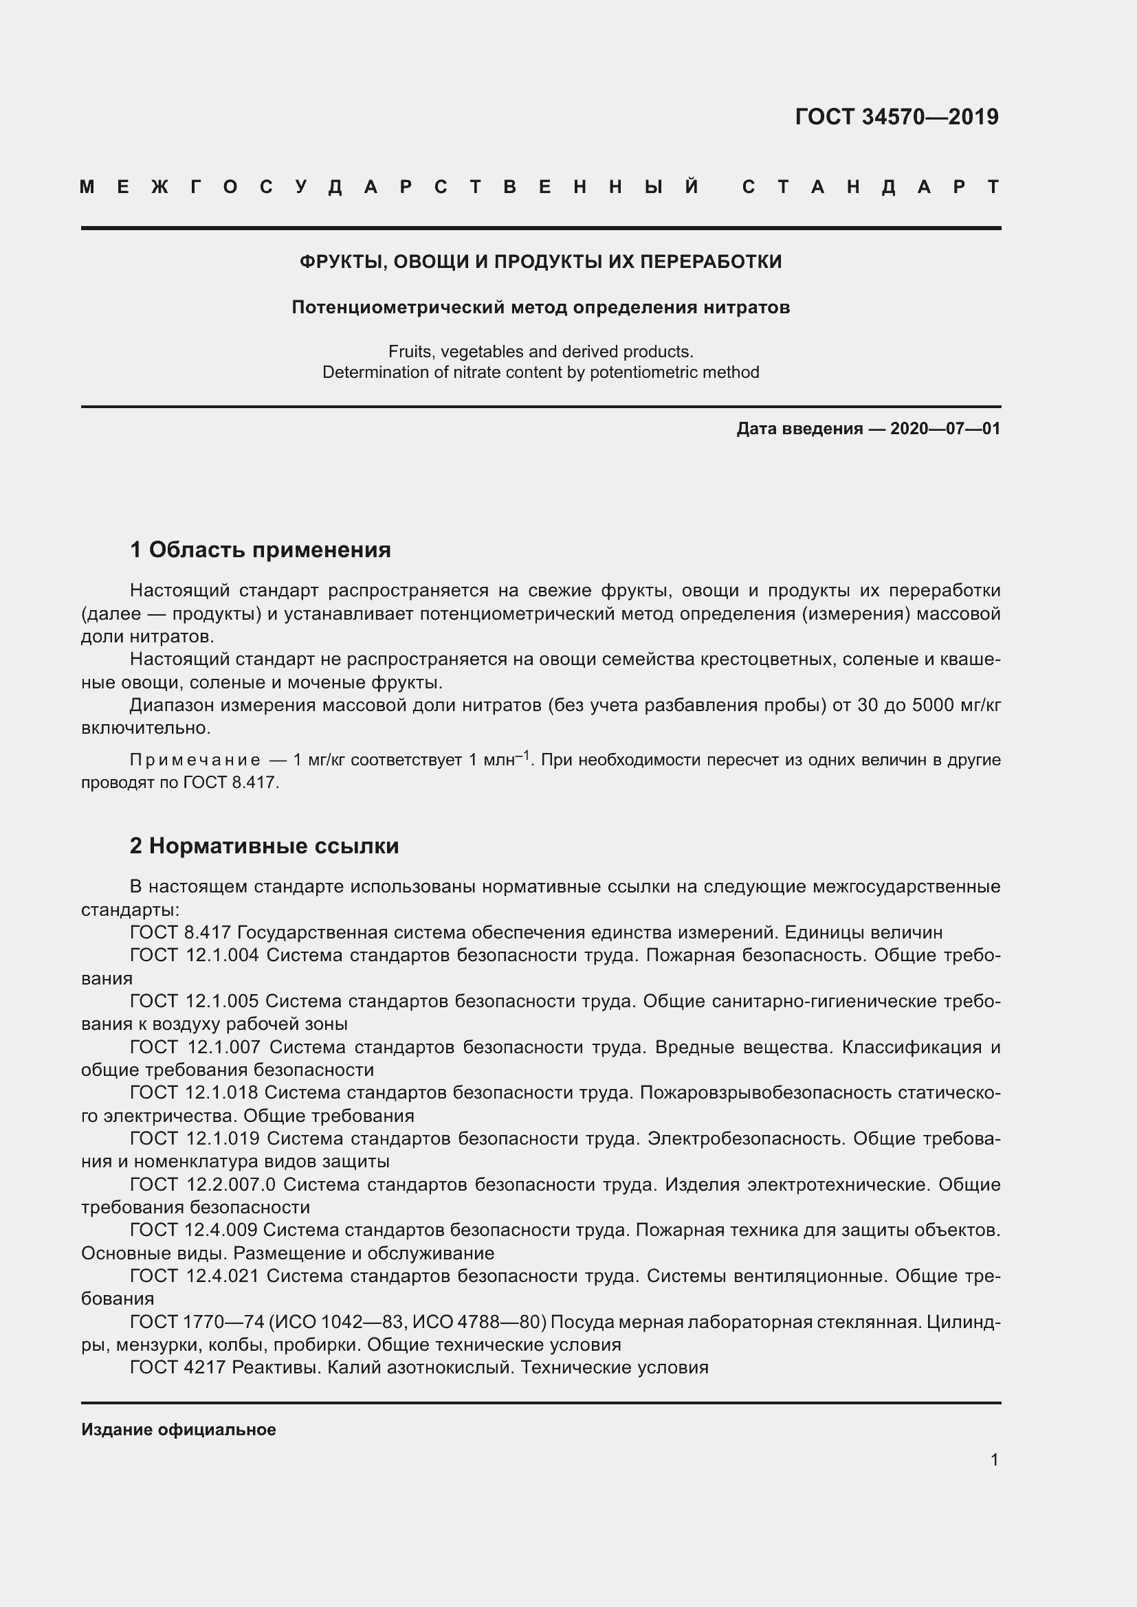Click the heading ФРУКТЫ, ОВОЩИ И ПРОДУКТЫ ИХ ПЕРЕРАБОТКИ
tap(540, 262)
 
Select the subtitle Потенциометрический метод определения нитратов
tap(540, 307)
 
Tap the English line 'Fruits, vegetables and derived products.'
tap(540, 351)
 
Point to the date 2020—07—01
tap(945, 428)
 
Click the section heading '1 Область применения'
tap(260, 550)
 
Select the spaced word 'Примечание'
tap(195, 760)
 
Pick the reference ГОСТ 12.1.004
tap(194, 956)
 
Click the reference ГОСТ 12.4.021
tap(194, 1276)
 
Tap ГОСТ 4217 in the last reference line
tap(177, 1368)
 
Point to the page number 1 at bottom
tap(994, 1460)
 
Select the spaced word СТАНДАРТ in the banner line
tap(870, 188)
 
